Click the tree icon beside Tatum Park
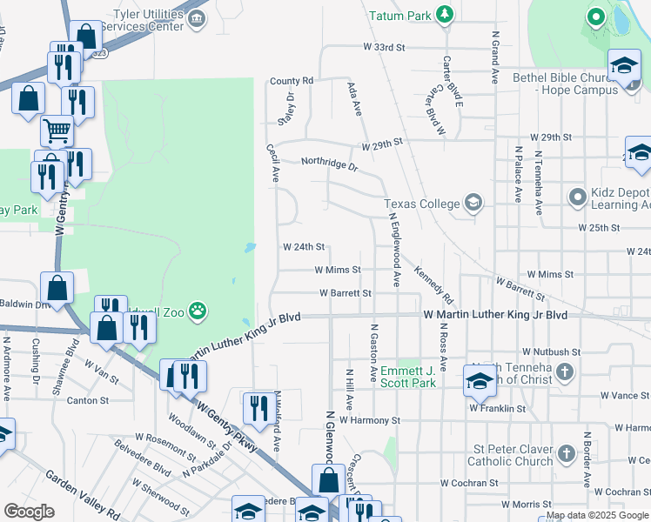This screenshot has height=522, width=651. [x=445, y=15]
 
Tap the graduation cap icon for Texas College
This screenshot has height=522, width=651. [x=473, y=204]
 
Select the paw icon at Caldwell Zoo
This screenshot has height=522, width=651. [x=198, y=310]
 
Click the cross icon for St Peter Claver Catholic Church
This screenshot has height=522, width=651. [x=566, y=454]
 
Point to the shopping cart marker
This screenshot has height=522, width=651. [x=57, y=131]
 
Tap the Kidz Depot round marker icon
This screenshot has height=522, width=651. [x=577, y=197]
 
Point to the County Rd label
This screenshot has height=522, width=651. [x=291, y=81]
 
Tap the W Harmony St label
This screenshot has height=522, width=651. [x=369, y=419]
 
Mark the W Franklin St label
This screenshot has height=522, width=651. [x=497, y=407]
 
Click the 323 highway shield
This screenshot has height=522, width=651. [x=100, y=53]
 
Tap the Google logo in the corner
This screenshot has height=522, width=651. [x=29, y=512]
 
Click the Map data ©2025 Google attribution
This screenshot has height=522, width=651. [x=596, y=515]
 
